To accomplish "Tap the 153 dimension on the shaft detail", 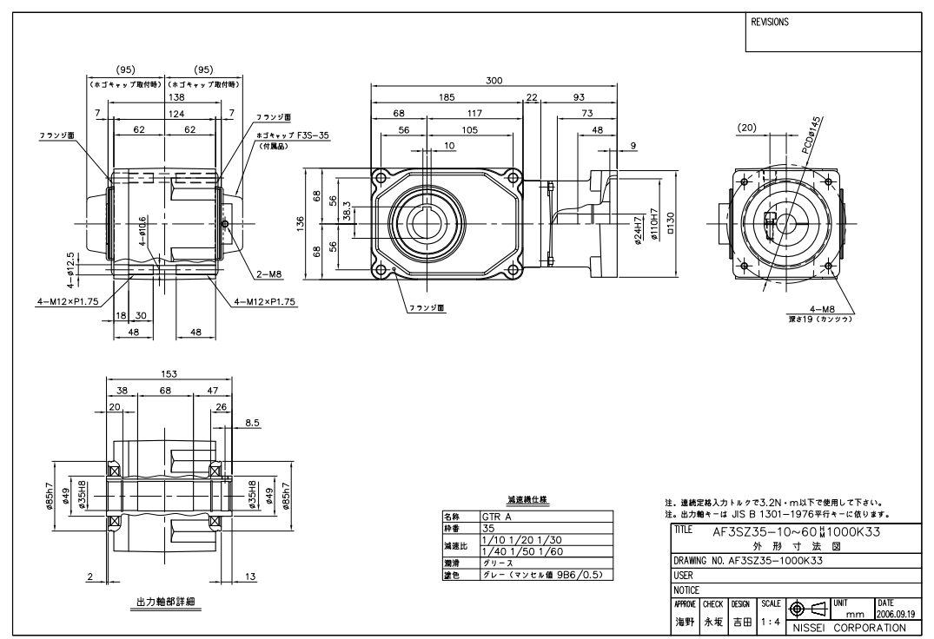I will tap(169, 373).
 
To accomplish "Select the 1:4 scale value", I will tap(770, 623).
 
